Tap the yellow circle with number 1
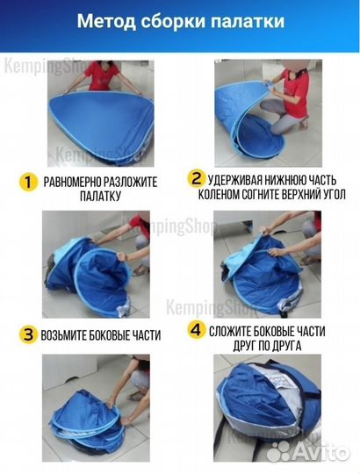27,182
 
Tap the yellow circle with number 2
197,178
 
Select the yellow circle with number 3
28,334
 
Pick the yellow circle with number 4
197,330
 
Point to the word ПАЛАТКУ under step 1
100,196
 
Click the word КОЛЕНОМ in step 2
216,194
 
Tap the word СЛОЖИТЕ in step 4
229,331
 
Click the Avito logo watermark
308,451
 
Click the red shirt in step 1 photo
102,75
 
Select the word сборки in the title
173,21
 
